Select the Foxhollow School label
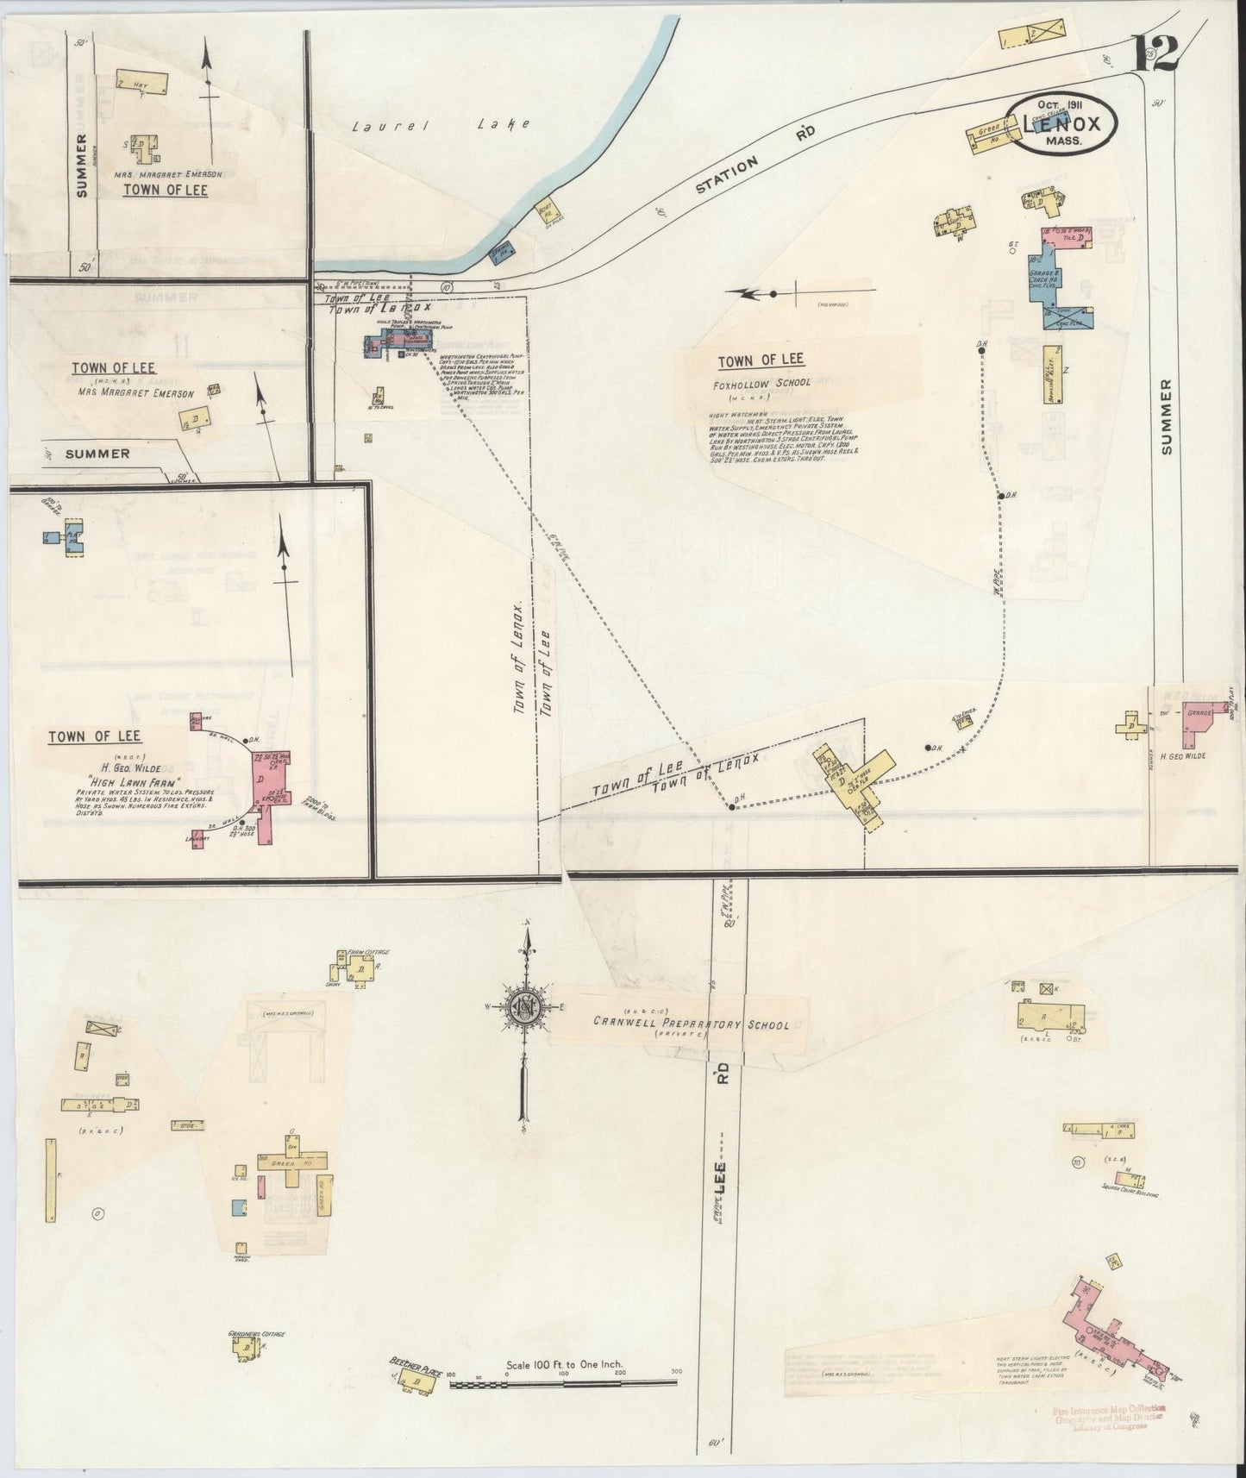tap(762, 383)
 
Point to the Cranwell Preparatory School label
tap(690, 1024)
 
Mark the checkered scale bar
tap(565, 1384)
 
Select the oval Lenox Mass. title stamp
tap(1064, 126)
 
